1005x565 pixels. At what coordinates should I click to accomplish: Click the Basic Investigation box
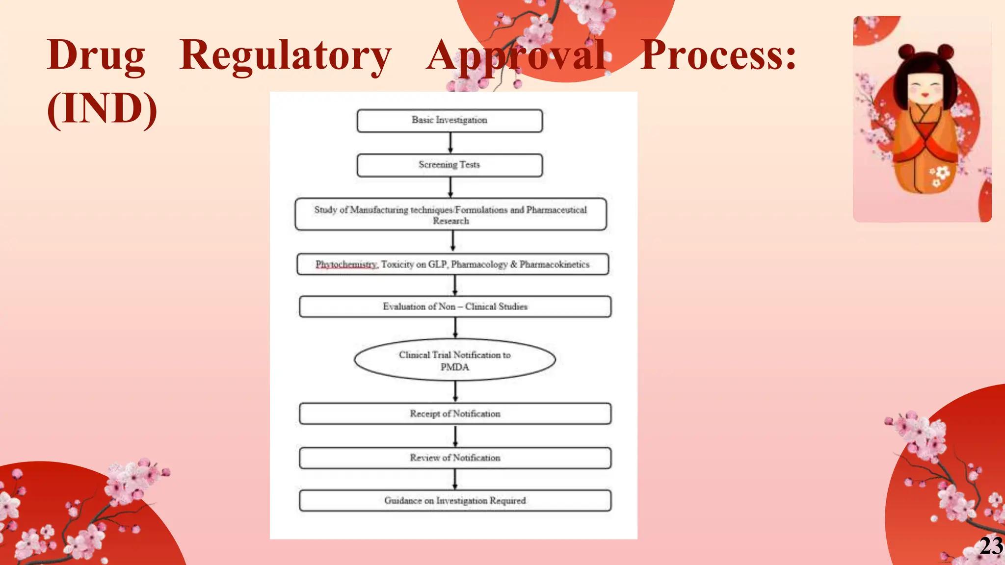(x=450, y=121)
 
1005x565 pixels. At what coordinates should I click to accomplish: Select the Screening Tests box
(x=450, y=165)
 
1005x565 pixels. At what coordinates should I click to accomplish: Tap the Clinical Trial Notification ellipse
(x=454, y=360)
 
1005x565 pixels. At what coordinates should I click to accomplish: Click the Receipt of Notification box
(x=455, y=413)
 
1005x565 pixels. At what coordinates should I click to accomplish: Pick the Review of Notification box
(x=455, y=458)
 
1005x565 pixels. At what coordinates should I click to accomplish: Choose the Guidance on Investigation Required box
(x=455, y=501)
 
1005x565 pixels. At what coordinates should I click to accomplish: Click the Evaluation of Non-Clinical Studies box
(x=455, y=307)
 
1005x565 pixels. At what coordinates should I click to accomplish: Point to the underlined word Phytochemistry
(x=346, y=264)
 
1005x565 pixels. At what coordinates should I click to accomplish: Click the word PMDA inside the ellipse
(x=454, y=367)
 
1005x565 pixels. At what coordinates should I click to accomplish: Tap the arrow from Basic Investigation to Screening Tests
(x=450, y=143)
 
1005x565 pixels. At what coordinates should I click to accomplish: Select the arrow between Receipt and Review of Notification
(x=455, y=436)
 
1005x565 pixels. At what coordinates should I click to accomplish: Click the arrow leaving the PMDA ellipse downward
(x=455, y=391)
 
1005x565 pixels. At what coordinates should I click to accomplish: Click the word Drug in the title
(x=96, y=55)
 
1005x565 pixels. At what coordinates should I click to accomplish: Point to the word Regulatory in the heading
(x=285, y=55)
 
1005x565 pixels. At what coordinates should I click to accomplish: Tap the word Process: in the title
(x=718, y=55)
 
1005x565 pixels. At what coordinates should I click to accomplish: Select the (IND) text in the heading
(x=102, y=109)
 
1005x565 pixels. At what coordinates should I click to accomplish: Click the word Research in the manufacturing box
(x=450, y=221)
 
